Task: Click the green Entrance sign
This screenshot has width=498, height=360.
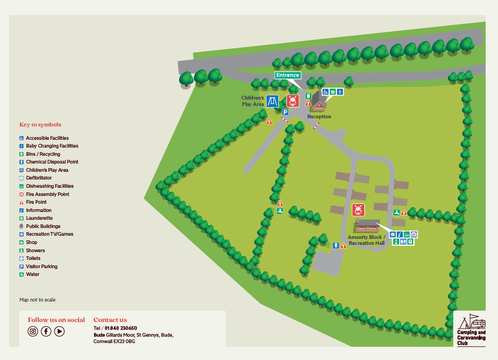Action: point(288,75)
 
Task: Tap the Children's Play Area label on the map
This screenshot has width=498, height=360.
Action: point(253,101)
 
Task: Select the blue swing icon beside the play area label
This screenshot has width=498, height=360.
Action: point(273,101)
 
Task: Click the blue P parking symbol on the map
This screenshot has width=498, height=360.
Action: point(285,112)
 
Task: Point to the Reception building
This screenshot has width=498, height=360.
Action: point(319,105)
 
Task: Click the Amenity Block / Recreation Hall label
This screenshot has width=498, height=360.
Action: point(367,240)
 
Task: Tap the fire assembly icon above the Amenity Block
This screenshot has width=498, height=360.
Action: point(358,210)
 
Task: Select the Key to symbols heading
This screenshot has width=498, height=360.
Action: point(40,125)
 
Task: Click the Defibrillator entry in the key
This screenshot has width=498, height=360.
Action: point(39,178)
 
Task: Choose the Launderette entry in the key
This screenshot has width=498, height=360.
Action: point(39,218)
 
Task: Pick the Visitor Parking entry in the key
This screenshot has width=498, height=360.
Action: point(42,266)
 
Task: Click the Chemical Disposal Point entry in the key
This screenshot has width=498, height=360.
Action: point(52,162)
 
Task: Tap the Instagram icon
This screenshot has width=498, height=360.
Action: point(32,332)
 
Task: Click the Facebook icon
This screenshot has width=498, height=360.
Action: point(46,332)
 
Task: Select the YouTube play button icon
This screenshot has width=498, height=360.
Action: point(59,332)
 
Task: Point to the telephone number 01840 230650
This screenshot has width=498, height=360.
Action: point(121,328)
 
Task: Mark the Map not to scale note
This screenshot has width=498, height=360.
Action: point(37,300)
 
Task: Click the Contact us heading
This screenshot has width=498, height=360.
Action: point(110,320)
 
